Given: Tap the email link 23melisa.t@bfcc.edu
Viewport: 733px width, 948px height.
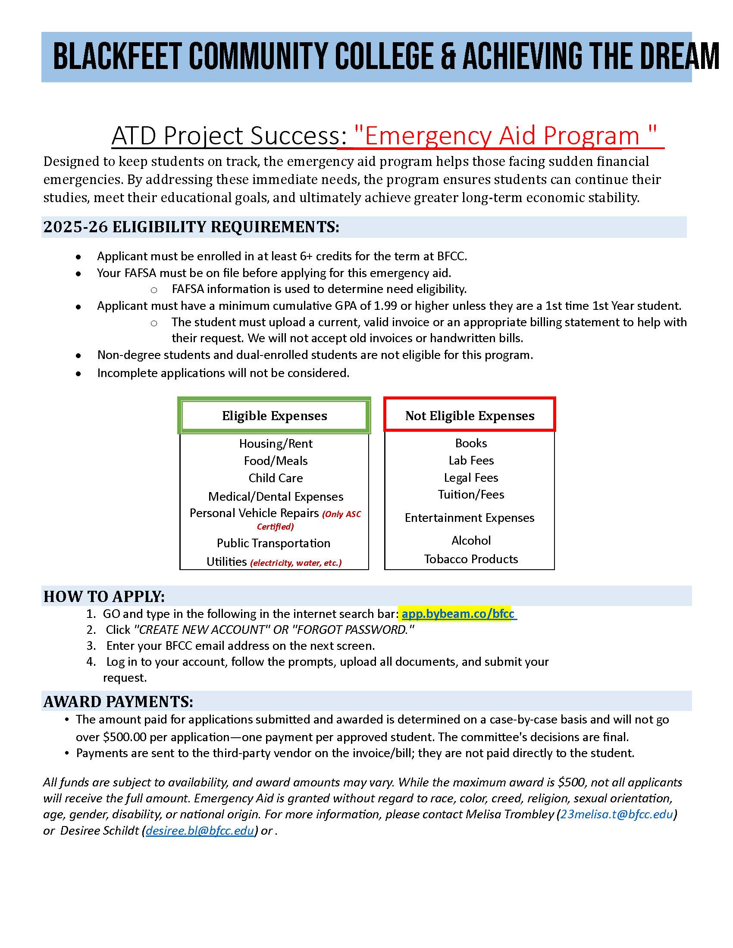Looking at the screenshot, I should pyautogui.click(x=616, y=814).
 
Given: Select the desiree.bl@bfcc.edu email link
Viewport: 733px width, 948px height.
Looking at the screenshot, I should pyautogui.click(x=200, y=830).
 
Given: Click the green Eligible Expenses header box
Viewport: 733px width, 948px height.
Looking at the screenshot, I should pyautogui.click(x=274, y=415).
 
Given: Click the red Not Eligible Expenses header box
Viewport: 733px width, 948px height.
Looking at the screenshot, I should pyautogui.click(x=470, y=415).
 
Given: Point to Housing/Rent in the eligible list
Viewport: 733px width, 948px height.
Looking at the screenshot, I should pyautogui.click(x=276, y=443).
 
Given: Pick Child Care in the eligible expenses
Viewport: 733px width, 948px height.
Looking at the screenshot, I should pyautogui.click(x=276, y=478).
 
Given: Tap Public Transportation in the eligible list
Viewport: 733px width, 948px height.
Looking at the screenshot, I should pyautogui.click(x=273, y=543).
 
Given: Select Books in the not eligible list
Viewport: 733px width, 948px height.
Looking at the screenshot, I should pyautogui.click(x=471, y=443).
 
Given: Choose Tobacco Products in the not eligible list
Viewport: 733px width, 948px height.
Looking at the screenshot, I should pyautogui.click(x=471, y=558).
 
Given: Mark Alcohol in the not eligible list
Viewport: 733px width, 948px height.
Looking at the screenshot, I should pyautogui.click(x=471, y=540).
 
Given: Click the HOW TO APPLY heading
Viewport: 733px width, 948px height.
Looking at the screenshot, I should pyautogui.click(x=104, y=596).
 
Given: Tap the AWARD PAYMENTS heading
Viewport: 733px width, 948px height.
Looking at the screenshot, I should pyautogui.click(x=118, y=702).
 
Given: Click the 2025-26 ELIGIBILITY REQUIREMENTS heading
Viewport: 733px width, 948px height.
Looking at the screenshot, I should pyautogui.click(x=191, y=227).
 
